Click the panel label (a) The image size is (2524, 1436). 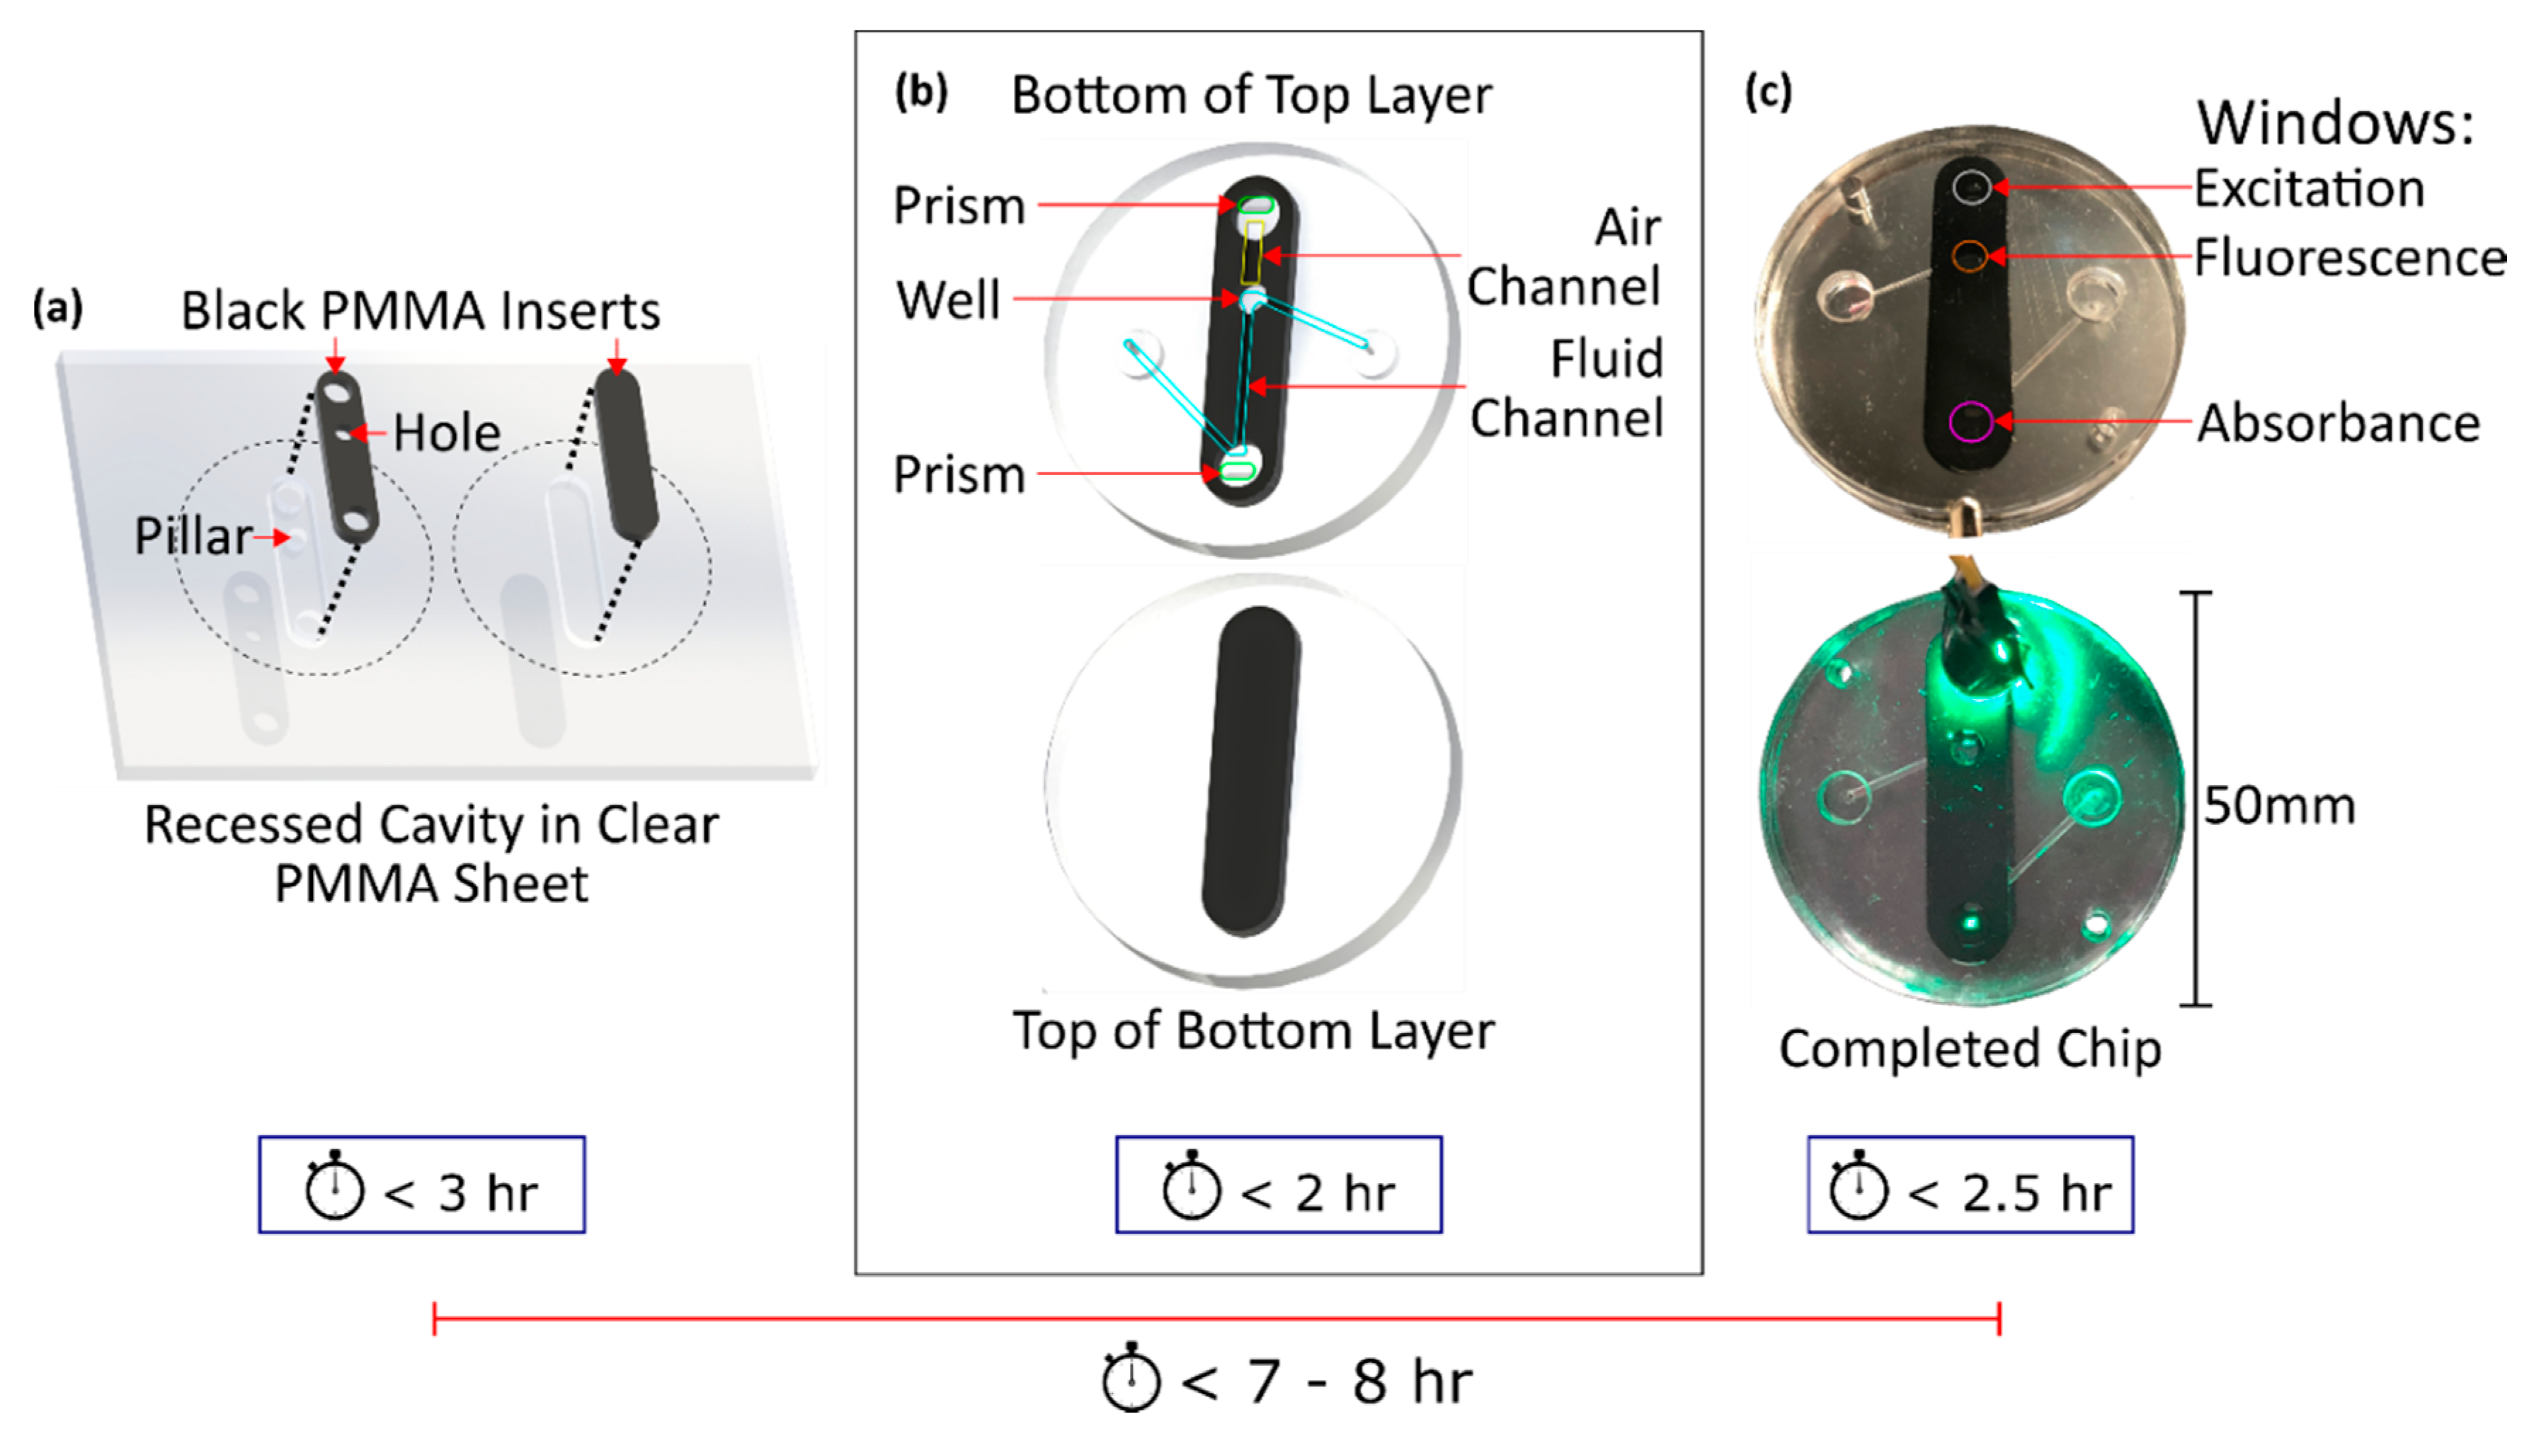[57, 309]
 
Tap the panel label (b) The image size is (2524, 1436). [920, 93]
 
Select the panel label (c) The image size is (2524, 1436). [1768, 93]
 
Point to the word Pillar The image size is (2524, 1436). [193, 537]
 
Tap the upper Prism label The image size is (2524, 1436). [959, 206]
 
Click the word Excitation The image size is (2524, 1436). [2309, 188]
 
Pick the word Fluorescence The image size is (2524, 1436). [2350, 258]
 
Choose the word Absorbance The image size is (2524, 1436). [2338, 424]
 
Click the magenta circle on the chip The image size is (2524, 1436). [1970, 422]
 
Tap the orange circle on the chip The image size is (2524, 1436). [1969, 256]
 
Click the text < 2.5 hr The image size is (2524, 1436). [2009, 1193]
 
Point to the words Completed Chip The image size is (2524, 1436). [1969, 1049]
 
